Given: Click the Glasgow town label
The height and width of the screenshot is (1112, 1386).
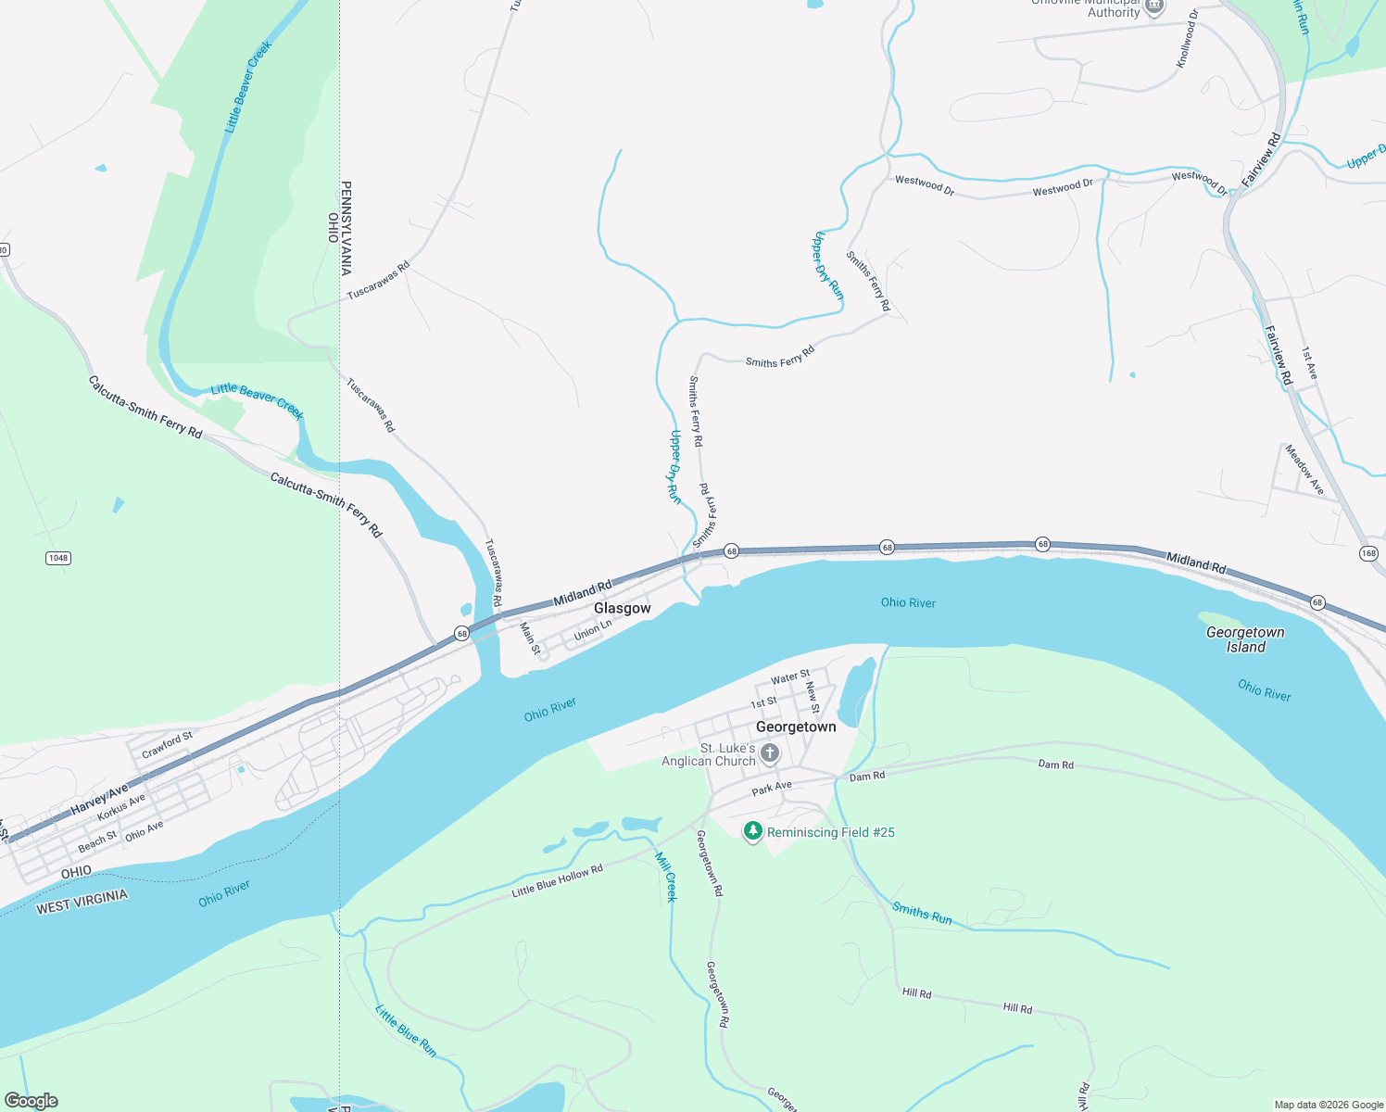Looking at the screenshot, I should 622,608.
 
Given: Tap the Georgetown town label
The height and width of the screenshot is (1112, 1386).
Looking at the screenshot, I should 796,727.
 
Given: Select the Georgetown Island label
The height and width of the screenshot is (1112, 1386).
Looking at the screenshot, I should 1245,639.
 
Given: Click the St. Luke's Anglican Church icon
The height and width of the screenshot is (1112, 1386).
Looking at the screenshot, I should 770,754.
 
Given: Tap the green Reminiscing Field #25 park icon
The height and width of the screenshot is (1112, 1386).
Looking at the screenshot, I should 754,831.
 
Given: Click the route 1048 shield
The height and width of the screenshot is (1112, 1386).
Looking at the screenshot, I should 58,558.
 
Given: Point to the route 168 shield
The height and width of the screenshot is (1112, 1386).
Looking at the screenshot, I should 1368,553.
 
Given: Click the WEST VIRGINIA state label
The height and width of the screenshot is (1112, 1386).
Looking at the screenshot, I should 82,902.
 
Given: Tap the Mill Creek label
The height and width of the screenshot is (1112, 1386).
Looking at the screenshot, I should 667,877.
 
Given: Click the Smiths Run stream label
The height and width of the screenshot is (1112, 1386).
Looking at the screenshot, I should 922,913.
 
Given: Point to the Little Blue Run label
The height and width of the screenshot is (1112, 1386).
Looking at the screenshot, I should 406,1030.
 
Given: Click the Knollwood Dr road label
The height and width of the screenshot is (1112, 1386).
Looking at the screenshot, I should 1187,39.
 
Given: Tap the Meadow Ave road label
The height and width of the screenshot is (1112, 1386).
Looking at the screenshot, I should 1304,469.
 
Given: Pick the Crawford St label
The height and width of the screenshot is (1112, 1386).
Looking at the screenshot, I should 168,744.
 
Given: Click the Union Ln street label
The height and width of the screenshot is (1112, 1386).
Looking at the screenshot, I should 593,631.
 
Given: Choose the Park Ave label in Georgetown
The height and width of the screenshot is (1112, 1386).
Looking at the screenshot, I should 772,788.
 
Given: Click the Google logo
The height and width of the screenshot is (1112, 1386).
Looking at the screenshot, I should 31,1101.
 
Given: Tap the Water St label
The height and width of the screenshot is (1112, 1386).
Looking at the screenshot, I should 790,677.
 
